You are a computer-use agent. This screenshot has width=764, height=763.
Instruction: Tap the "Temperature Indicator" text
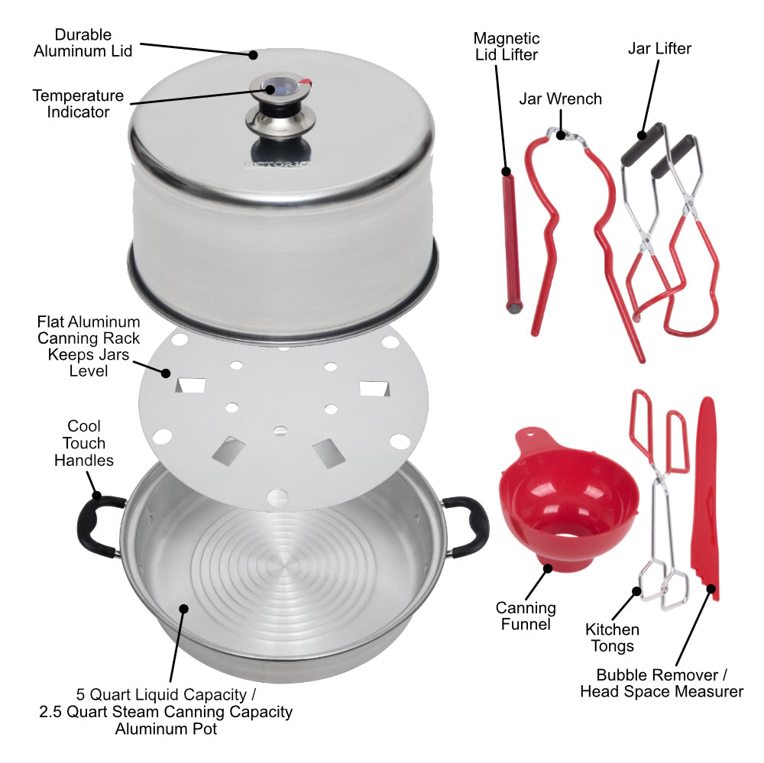[x=78, y=104]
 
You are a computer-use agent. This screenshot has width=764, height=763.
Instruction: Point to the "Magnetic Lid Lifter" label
[x=506, y=46]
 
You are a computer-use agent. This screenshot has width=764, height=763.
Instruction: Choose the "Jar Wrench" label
[x=560, y=99]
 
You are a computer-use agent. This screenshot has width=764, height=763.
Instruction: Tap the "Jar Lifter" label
[x=659, y=49]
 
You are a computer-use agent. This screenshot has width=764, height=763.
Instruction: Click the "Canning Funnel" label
[x=526, y=616]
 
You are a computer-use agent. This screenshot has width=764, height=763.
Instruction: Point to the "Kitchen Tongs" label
[x=612, y=638]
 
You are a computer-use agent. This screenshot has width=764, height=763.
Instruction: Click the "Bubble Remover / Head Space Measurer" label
[x=661, y=683]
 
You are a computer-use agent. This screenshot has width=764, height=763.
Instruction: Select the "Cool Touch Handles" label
[x=84, y=443]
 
